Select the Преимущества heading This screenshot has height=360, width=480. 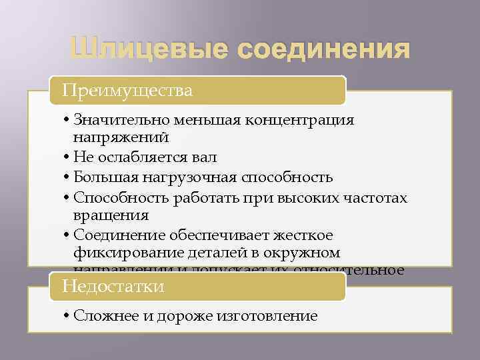pos(127,90)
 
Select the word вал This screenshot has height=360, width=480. pos(204,158)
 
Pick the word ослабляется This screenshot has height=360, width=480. pos(143,158)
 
